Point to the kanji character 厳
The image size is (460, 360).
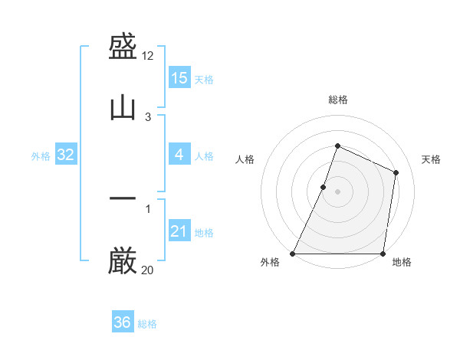click(x=123, y=260)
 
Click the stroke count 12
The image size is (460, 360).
click(x=148, y=56)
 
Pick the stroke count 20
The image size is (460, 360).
click(x=148, y=269)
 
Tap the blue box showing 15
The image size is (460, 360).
click(x=179, y=78)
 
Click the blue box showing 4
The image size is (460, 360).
click(x=179, y=155)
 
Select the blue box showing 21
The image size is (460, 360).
click(x=179, y=231)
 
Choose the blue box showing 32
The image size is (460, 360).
click(x=66, y=155)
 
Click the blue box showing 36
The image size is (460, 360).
click(x=123, y=322)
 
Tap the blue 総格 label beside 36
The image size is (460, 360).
click(x=148, y=324)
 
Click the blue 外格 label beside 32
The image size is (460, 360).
click(x=41, y=156)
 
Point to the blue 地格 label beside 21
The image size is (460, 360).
click(x=205, y=233)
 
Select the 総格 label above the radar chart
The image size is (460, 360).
click(x=338, y=100)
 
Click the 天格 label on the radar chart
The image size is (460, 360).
click(x=431, y=159)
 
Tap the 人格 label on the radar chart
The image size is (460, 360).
click(x=245, y=159)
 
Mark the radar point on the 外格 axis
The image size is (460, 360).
click(x=293, y=254)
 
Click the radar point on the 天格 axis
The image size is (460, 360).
click(x=396, y=172)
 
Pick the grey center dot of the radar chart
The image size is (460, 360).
click(x=337, y=191)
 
